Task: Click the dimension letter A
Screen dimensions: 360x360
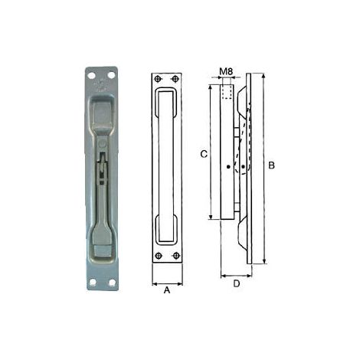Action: coord(167,290)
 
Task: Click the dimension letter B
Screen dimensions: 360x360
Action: coord(271,165)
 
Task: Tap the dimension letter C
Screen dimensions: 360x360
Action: coord(204,154)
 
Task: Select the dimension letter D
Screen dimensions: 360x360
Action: coord(237,283)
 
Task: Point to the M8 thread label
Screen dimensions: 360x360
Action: coord(227,72)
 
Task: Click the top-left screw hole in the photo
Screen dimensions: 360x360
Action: coord(91,75)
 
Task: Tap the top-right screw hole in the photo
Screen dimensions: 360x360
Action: coord(111,75)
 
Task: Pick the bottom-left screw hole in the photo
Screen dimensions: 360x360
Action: coord(93,282)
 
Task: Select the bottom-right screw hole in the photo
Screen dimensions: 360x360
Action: coord(112,283)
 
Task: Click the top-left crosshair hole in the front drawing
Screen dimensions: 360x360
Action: coord(159,79)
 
